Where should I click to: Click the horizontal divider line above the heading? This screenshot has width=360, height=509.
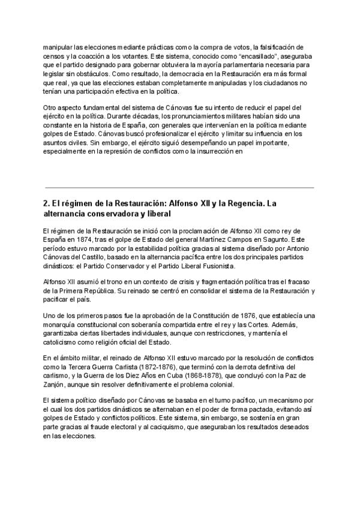(179, 188)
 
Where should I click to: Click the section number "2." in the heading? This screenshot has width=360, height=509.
(47, 204)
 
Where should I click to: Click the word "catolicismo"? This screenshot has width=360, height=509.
(65, 343)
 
